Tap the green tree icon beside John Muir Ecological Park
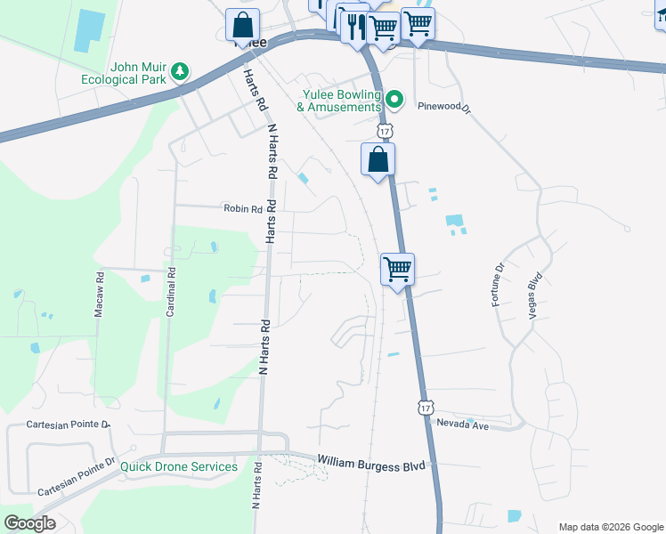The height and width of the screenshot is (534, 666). coord(181,69)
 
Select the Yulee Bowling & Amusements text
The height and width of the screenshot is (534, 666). coord(338,101)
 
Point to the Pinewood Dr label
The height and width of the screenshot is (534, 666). coord(443,105)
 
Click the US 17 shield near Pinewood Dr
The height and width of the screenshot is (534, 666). coord(384,131)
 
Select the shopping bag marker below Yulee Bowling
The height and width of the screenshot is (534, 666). coord(378,160)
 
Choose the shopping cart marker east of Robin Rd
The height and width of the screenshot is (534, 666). coord(397,269)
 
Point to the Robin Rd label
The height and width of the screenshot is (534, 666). coord(243,209)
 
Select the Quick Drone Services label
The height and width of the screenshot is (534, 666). coord(179,466)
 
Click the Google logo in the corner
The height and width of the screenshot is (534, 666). coord(29,523)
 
